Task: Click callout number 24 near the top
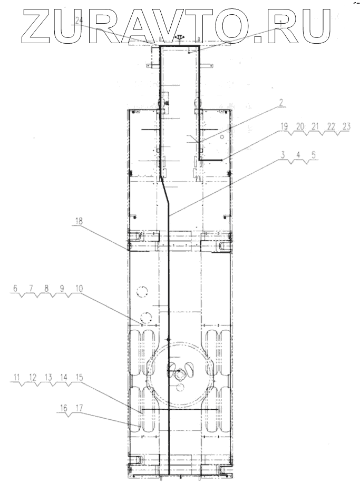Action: pos(79,21)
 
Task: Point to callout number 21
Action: pos(315,126)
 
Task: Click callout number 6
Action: pos(15,288)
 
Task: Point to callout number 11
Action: pos(16,377)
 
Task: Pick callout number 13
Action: pos(48,377)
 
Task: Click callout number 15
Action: pos(79,377)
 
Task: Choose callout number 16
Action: pos(64,408)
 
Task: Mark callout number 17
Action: pos(80,408)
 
